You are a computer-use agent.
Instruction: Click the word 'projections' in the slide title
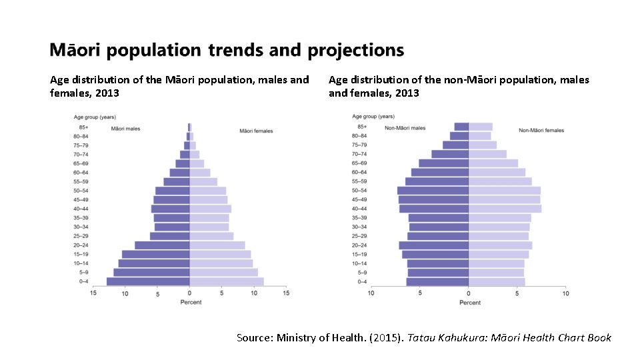355,51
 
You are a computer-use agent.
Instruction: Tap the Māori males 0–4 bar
148,281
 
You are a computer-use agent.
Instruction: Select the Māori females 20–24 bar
217,245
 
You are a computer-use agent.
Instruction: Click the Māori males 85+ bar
189,127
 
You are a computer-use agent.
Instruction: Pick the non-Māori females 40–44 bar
505,209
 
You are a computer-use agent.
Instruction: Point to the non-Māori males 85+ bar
461,127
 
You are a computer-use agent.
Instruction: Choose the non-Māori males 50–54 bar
433,191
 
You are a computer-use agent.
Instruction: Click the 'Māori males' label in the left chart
125,129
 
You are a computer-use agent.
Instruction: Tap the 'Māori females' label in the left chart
256,131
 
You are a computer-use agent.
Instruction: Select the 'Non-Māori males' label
405,128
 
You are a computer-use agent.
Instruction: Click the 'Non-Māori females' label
541,130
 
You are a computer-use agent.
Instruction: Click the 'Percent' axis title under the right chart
470,303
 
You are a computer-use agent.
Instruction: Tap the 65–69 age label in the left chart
80,163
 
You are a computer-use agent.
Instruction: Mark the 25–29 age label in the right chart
359,236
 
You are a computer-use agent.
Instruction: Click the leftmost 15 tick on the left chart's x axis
93,293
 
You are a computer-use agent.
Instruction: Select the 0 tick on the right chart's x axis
468,293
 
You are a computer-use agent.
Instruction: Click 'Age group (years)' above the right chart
373,117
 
